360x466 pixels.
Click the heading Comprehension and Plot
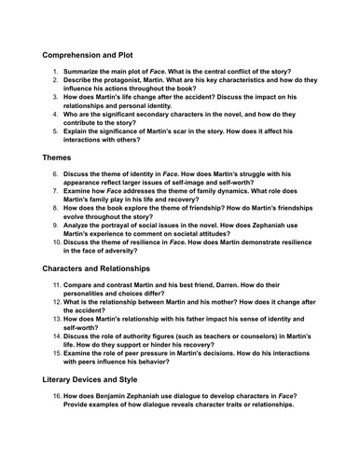point(100,55)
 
